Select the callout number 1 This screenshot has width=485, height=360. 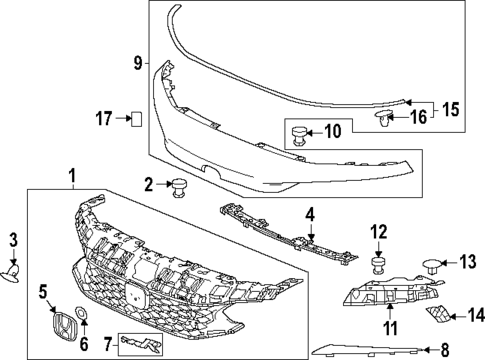pos(72,176)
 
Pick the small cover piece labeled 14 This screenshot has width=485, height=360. pos(440,316)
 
